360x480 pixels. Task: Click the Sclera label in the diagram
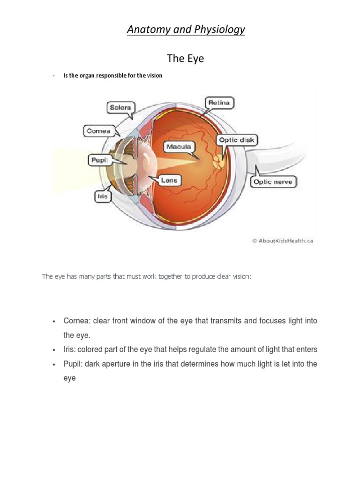pyautogui.click(x=120, y=107)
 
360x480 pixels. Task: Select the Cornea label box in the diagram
pyautogui.click(x=98, y=131)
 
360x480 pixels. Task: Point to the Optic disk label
pyautogui.click(x=237, y=140)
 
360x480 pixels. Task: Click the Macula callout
pyautogui.click(x=179, y=147)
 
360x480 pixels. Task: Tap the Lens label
pyautogui.click(x=169, y=180)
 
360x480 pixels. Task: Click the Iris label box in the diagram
pyautogui.click(x=102, y=196)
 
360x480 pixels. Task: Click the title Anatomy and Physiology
pyautogui.click(x=186, y=30)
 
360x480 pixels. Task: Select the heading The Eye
pyautogui.click(x=186, y=59)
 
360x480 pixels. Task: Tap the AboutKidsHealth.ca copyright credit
pyautogui.click(x=282, y=241)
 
